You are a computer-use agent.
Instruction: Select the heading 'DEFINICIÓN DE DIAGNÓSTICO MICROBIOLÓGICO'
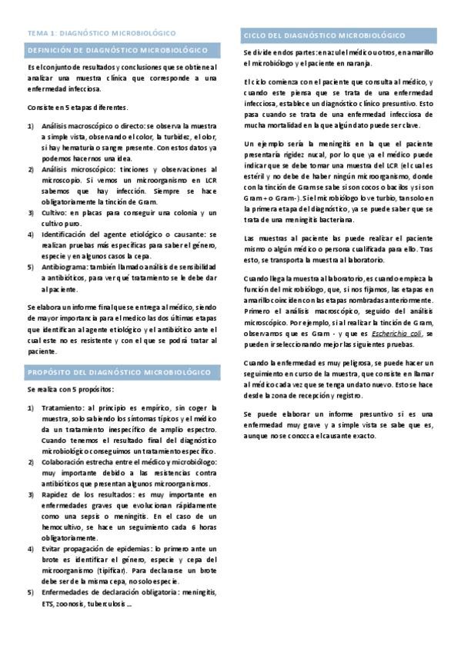[117, 50]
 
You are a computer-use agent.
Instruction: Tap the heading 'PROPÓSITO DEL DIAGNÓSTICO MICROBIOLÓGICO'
[119, 372]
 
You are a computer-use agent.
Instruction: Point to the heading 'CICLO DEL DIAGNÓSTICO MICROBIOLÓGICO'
[324, 35]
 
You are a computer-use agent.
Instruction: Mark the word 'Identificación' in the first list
[68, 234]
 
